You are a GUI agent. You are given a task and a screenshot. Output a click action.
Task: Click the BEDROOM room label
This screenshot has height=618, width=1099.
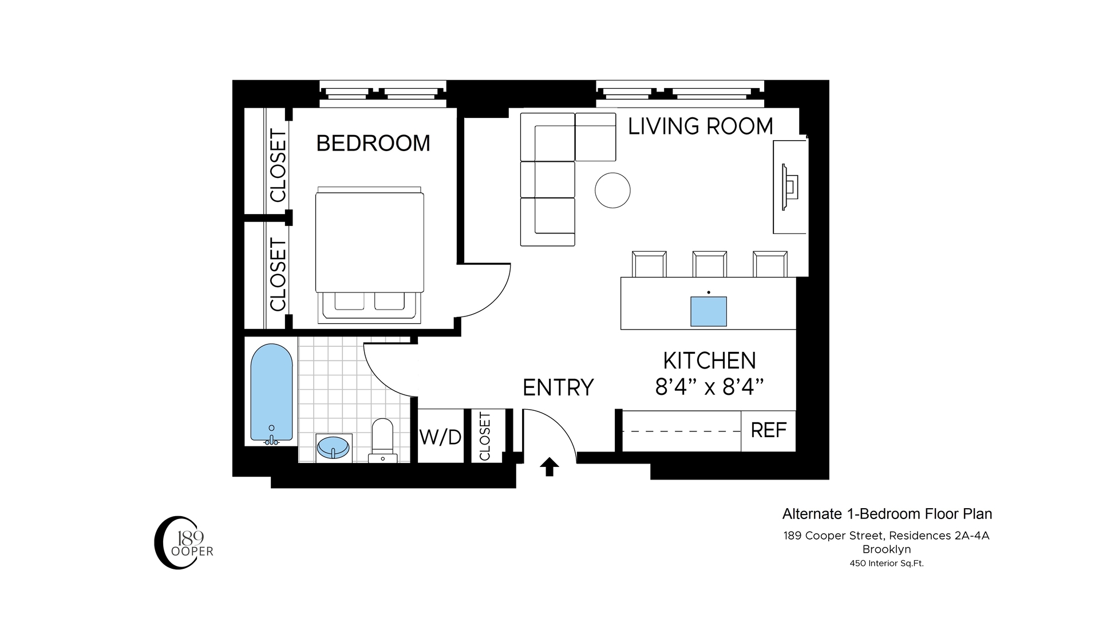[x=373, y=143]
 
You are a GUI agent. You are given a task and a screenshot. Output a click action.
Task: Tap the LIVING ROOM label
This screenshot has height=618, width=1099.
[x=700, y=126]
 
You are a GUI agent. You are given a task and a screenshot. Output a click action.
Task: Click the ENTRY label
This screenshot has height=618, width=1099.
[x=558, y=387]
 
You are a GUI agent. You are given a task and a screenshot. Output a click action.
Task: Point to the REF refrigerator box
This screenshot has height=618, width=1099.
[x=768, y=430]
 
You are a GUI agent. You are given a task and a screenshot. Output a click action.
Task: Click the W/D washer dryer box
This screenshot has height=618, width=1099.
[x=440, y=437]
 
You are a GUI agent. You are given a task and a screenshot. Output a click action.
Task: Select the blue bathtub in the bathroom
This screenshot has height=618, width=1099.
[x=272, y=393]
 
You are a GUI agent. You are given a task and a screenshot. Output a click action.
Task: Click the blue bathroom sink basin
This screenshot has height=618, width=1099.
[x=333, y=447]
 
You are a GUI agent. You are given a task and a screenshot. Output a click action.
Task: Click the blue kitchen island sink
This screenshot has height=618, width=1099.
[x=709, y=311]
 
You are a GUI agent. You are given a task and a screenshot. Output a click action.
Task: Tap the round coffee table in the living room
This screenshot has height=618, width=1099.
[x=612, y=190]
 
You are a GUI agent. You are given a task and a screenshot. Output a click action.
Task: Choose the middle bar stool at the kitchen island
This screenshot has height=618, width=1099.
[x=709, y=264]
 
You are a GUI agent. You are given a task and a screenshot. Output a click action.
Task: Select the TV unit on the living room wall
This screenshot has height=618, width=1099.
[x=790, y=187]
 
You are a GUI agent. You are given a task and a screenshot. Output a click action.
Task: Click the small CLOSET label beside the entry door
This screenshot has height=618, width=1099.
[x=485, y=436]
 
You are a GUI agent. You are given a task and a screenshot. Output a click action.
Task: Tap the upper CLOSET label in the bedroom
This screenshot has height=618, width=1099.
[x=278, y=166]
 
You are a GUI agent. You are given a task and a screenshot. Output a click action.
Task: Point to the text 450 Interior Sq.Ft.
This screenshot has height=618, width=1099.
[x=887, y=563]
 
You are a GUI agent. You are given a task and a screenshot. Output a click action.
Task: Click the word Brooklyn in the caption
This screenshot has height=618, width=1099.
[x=887, y=549]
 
